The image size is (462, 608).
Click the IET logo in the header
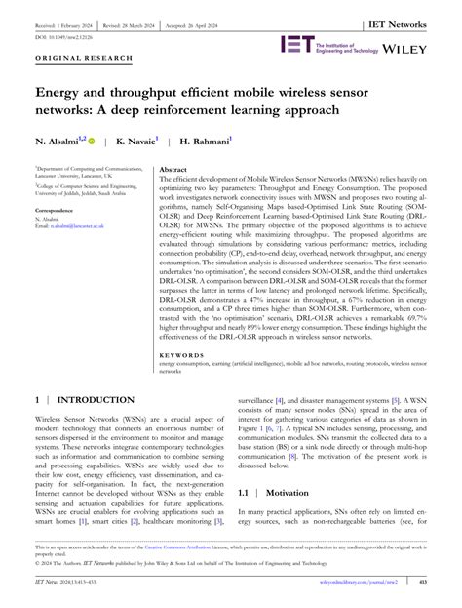[x=295, y=44]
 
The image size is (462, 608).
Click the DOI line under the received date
[x=60, y=35]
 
